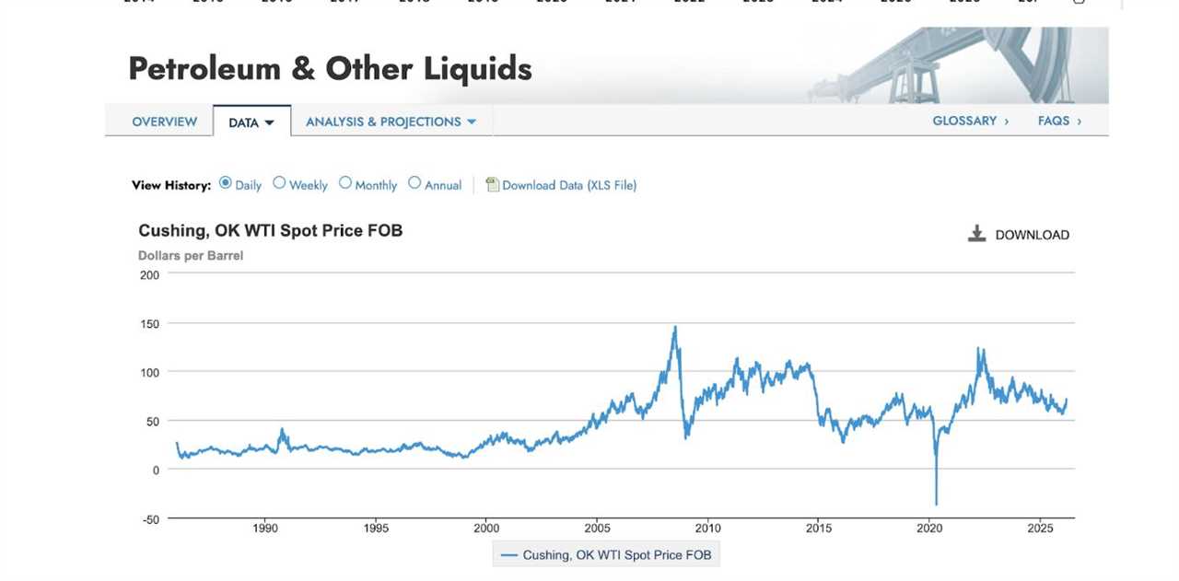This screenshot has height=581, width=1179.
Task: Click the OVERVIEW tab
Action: [x=164, y=122]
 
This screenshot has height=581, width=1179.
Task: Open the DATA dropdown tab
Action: [x=251, y=122]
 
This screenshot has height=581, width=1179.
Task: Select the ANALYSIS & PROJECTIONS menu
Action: [x=391, y=122]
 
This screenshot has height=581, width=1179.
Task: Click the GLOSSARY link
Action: [x=970, y=121]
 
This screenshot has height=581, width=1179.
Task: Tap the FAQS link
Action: [x=1058, y=121]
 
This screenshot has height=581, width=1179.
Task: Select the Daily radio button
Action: [x=226, y=183]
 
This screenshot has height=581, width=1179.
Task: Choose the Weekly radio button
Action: [x=279, y=183]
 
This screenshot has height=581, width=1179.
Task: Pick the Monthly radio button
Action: [x=345, y=183]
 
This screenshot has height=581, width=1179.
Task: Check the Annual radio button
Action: [x=414, y=183]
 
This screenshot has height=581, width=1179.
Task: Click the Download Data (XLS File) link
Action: [x=568, y=185]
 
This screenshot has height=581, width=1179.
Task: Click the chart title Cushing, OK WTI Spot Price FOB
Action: [x=270, y=230]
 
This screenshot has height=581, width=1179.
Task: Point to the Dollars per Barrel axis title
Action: [x=191, y=256]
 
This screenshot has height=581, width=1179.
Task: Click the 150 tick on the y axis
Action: [x=149, y=324]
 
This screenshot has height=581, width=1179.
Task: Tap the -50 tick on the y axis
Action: [x=149, y=519]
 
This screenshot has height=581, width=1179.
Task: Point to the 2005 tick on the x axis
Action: [x=598, y=529]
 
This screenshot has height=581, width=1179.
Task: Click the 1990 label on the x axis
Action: [x=265, y=529]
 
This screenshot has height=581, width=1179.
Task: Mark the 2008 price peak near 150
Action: [x=675, y=327]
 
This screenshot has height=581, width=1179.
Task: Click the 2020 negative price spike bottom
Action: [x=936, y=504]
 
